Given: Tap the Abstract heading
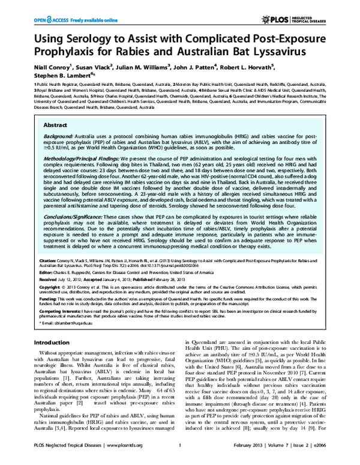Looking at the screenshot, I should (x=56, y=125).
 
